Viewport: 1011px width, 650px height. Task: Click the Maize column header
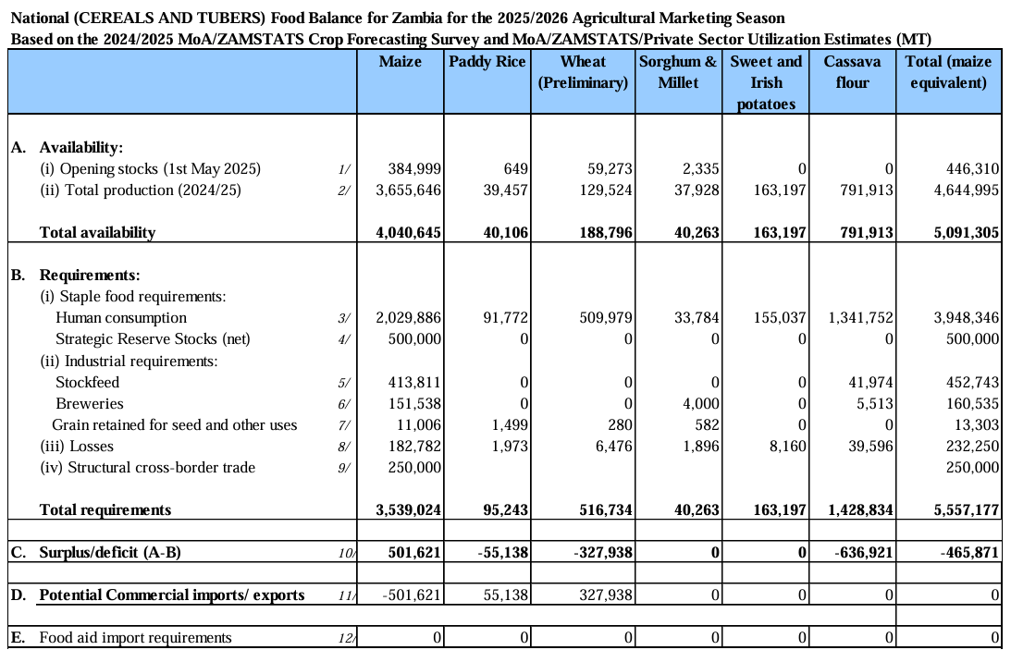point(400,62)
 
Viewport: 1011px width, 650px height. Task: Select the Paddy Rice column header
point(487,62)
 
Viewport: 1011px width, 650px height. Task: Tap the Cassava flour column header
point(852,72)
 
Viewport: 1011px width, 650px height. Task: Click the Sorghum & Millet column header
point(678,72)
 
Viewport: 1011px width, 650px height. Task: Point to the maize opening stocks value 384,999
point(414,169)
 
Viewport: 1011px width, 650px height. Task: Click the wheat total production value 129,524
point(606,190)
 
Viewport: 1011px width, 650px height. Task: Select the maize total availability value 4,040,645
point(409,233)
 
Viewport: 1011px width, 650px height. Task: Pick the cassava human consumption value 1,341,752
point(861,317)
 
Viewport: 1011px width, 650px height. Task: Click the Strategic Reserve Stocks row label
point(153,339)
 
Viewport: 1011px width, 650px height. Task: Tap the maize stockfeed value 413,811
point(414,382)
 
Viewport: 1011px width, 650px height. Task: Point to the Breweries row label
point(90,404)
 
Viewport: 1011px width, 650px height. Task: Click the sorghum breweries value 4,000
point(701,404)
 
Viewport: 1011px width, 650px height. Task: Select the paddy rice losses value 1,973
point(510,446)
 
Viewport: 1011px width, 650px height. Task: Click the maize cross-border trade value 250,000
point(414,467)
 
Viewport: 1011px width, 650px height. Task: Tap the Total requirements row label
point(105,510)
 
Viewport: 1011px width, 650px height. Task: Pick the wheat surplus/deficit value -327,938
point(603,553)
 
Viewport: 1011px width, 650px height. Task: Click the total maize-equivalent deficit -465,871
point(969,553)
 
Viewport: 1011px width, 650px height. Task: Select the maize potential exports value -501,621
point(412,595)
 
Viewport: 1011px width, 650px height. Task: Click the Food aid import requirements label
point(135,638)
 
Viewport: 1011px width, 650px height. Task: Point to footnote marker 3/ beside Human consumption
point(344,318)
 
